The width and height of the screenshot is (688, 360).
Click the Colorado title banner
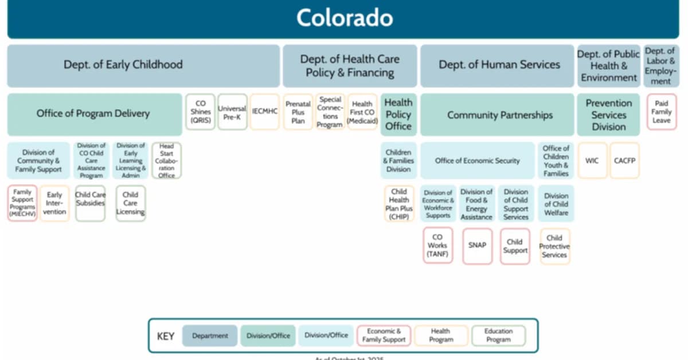tap(344, 18)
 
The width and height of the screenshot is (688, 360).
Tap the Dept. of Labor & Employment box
tap(661, 66)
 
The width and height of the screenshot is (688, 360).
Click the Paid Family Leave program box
tap(661, 112)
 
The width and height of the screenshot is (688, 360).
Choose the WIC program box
tap(592, 161)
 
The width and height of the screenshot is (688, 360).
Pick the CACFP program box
tap(624, 161)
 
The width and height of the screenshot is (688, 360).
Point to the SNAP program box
tap(477, 245)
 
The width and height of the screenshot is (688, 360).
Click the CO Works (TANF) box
tap(438, 245)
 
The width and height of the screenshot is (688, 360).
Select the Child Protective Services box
tap(554, 246)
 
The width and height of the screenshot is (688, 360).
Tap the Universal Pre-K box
tap(232, 112)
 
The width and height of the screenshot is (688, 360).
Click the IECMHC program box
tap(265, 112)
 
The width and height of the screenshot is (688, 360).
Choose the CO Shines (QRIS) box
tap(200, 112)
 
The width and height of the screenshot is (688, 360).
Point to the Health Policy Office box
tap(398, 115)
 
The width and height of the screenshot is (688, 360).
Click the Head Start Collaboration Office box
tap(166, 161)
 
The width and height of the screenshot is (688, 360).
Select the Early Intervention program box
tap(55, 204)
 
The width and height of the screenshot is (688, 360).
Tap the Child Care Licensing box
tap(130, 204)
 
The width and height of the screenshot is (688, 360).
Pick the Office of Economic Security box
tap(478, 161)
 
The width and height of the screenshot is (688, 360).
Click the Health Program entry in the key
tap(440, 335)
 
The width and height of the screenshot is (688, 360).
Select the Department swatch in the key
tap(210, 335)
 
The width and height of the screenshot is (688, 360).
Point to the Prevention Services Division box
tap(608, 115)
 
